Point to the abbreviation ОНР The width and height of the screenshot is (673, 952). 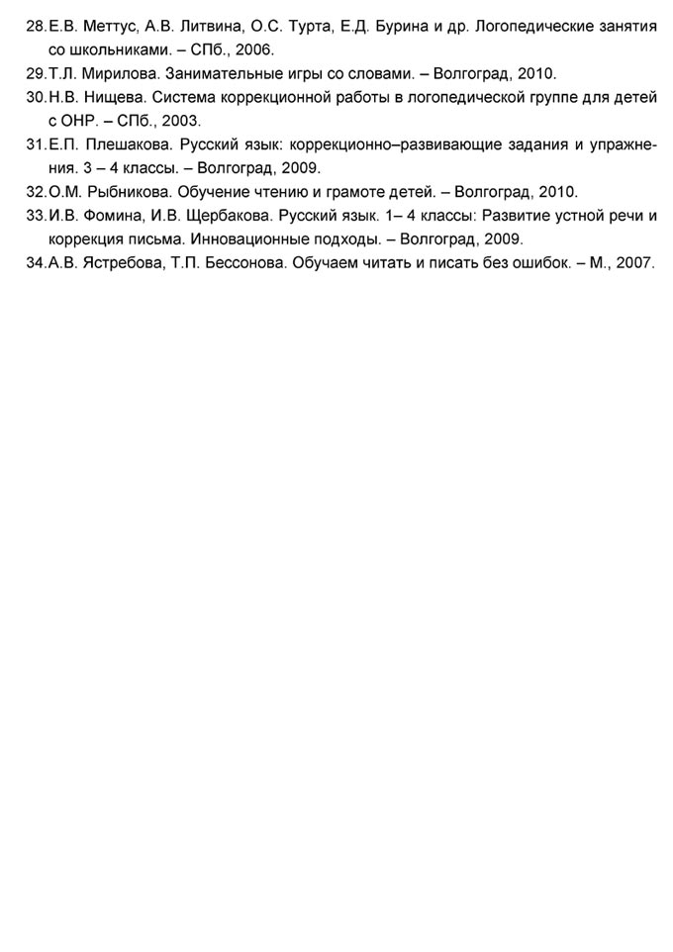(78, 121)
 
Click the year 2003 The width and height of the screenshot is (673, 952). (181, 121)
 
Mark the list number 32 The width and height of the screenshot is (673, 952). (36, 192)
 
